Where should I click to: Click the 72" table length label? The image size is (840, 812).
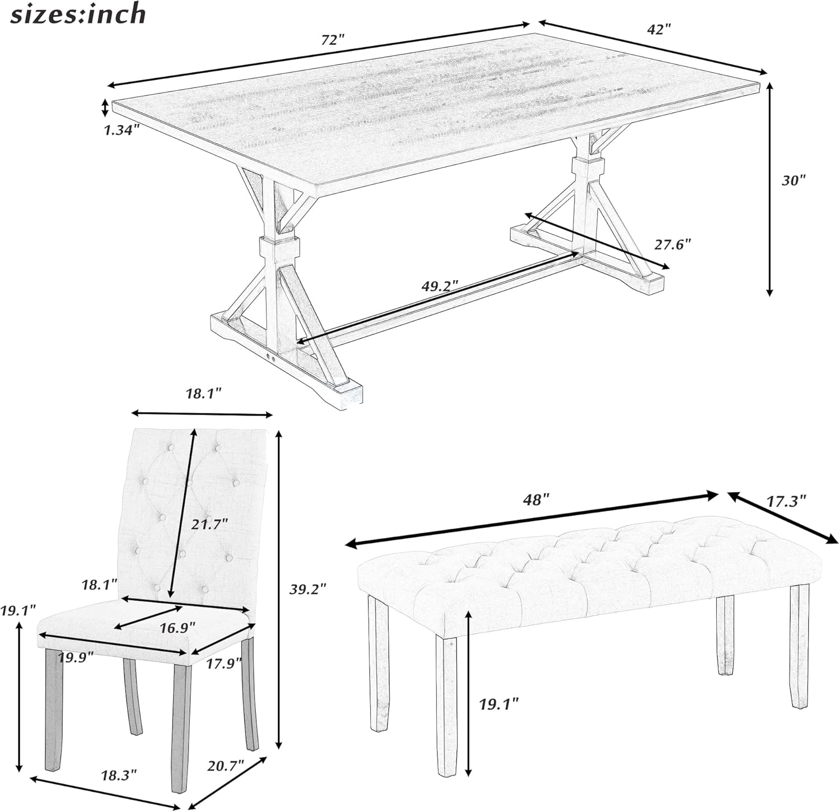click(x=333, y=40)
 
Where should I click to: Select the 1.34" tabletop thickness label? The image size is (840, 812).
click(x=120, y=130)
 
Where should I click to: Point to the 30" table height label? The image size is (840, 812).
click(x=793, y=180)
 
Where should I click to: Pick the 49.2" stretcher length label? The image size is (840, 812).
click(x=440, y=285)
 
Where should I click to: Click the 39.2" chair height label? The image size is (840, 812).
click(x=307, y=589)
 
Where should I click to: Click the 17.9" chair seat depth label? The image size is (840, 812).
click(x=223, y=662)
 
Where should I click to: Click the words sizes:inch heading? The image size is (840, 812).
click(x=78, y=13)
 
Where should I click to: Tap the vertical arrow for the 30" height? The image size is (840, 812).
click(x=770, y=189)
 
